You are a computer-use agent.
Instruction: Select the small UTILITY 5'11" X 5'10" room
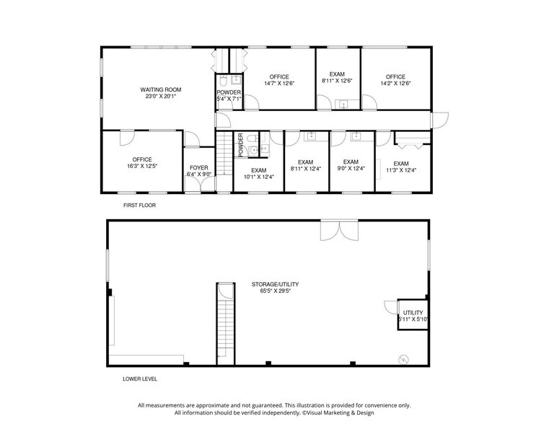[x=413, y=315]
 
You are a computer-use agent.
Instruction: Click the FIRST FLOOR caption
[x=139, y=206]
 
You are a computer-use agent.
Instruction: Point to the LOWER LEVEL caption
[x=140, y=379]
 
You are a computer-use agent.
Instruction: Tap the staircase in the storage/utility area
[x=226, y=324]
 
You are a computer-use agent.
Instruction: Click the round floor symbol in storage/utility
[x=404, y=358]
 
